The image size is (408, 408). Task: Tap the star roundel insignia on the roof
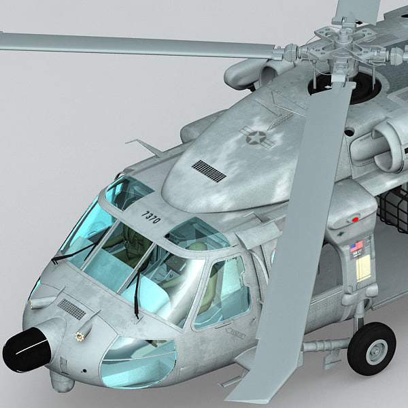[x=256, y=138]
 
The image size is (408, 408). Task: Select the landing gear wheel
[x=371, y=348]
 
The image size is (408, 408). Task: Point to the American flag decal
[x=356, y=246]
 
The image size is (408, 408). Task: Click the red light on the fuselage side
[x=354, y=219]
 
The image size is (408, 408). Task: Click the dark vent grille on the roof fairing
[x=208, y=171]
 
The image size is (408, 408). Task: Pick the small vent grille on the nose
[x=71, y=309]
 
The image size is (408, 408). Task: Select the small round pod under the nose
[x=63, y=382]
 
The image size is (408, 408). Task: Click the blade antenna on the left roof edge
[x=145, y=147]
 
